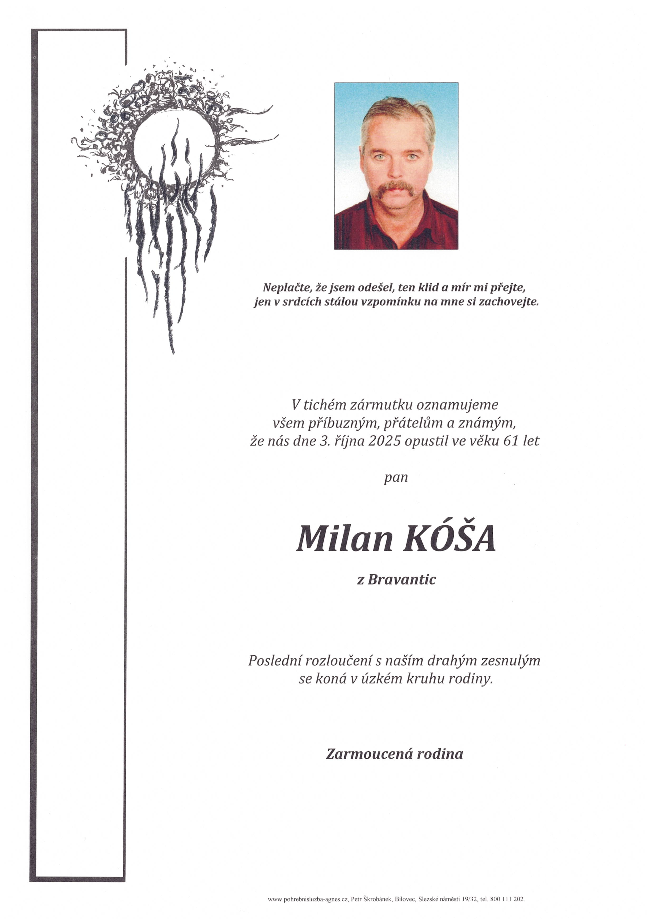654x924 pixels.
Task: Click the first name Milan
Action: tap(344, 539)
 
